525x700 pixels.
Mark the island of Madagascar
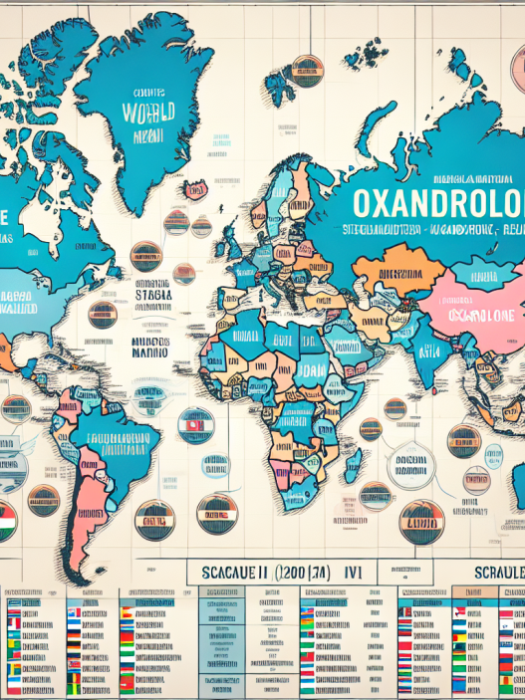pos(352,464)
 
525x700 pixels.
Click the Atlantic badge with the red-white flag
pos(195,425)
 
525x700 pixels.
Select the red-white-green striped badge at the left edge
pos(6,520)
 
